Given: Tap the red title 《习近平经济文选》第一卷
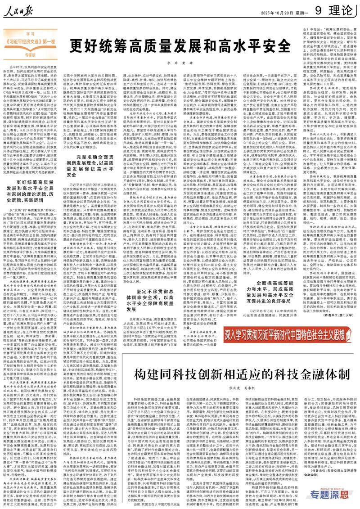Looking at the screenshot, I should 31,40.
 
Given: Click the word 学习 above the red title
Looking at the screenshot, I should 30,33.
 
